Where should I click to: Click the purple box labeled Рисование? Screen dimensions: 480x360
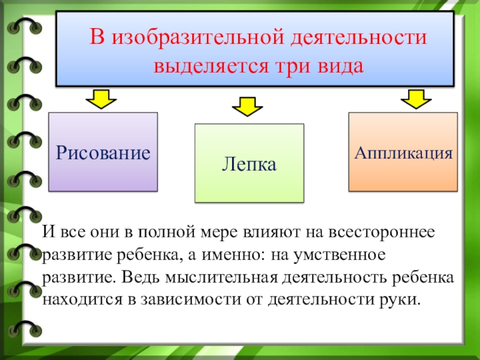[x=103, y=152]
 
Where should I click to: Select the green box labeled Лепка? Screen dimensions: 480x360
[x=249, y=163]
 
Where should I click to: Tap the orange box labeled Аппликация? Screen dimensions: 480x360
[x=403, y=151]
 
